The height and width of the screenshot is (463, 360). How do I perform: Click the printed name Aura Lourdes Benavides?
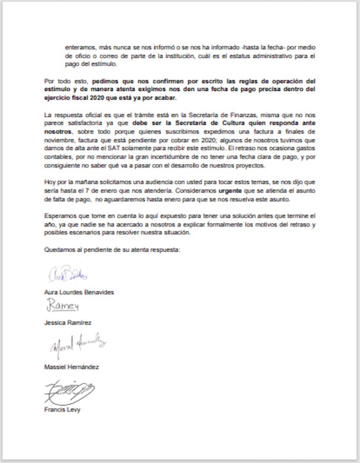pyautogui.click(x=79, y=292)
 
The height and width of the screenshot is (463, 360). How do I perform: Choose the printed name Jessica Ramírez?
pyautogui.click(x=68, y=323)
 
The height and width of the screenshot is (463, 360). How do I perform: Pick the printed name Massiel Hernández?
pyautogui.click(x=71, y=367)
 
